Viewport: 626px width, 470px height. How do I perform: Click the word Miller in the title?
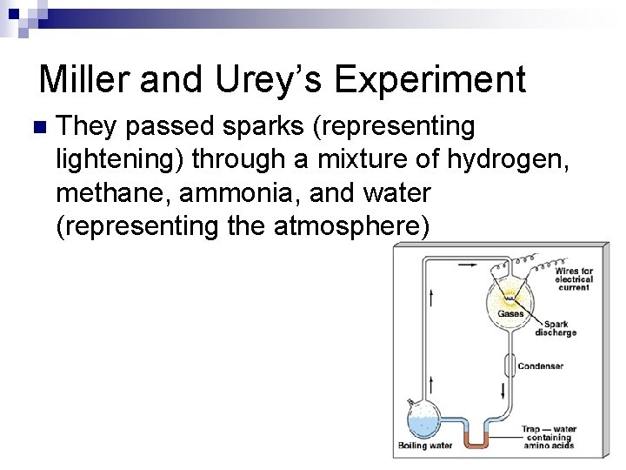point(88,80)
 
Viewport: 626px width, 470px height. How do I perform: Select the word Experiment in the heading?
point(430,80)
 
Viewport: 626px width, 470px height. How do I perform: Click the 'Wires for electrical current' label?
point(573,279)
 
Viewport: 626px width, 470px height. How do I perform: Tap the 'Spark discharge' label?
point(555,328)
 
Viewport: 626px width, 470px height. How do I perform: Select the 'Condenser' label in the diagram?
point(540,366)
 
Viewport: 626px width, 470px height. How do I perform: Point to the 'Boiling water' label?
point(425,446)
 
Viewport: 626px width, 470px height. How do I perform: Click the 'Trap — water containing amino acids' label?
point(549,437)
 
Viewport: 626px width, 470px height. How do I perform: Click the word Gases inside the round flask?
point(510,313)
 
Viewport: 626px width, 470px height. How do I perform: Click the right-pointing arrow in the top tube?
point(468,265)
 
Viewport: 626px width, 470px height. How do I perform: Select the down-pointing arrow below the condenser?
point(503,391)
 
